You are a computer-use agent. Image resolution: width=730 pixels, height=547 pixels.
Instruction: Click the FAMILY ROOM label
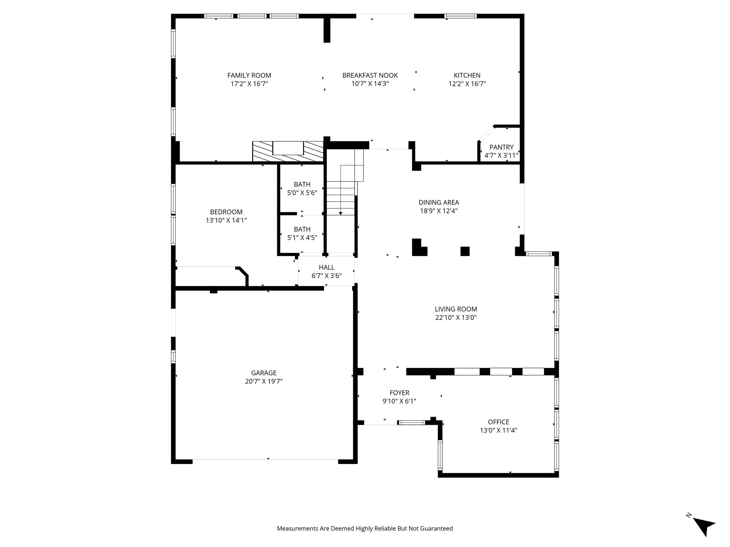click(249, 75)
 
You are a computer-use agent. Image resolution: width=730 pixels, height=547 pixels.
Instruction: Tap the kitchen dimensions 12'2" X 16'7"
click(467, 84)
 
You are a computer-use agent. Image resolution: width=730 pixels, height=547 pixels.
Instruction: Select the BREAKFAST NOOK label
click(370, 75)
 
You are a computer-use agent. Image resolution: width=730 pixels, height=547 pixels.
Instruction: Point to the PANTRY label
click(501, 147)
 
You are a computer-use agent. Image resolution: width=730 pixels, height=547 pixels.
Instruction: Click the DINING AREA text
click(438, 203)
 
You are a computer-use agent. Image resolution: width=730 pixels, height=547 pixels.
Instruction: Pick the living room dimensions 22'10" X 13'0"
click(456, 318)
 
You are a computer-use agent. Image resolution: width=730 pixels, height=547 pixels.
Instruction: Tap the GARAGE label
click(264, 373)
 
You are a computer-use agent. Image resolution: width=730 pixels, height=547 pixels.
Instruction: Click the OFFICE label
click(498, 422)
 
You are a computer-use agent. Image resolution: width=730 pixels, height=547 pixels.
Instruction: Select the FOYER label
click(399, 393)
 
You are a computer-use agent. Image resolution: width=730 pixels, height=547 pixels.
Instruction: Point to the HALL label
click(327, 267)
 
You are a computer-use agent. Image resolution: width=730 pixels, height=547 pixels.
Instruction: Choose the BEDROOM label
click(226, 212)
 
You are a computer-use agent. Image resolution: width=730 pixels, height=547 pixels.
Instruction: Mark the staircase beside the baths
click(341, 192)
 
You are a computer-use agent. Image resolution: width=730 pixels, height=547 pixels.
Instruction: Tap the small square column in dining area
click(465, 251)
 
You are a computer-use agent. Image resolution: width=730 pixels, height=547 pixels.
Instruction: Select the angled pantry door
click(486, 134)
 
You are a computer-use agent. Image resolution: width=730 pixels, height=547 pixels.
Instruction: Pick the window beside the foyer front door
click(411, 423)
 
